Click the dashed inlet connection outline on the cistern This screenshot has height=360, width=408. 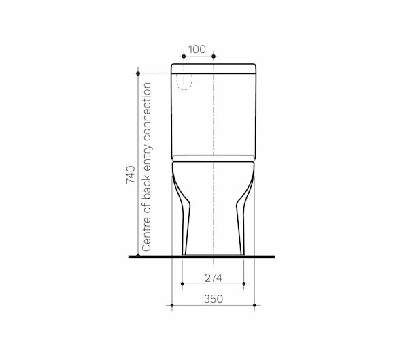tap(184, 80)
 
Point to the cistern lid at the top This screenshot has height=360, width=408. tap(214, 68)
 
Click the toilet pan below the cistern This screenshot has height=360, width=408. tap(214, 204)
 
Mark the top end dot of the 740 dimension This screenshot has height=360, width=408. tap(138, 73)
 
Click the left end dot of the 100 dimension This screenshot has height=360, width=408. tap(185, 57)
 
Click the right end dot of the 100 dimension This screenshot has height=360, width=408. tap(214, 57)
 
